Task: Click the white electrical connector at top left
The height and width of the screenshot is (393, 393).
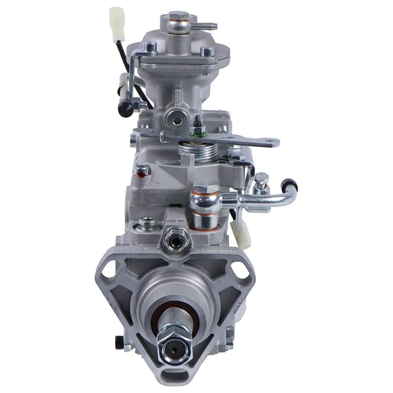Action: [x=116, y=18]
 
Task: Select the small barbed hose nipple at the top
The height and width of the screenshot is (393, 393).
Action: [x=211, y=26]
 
